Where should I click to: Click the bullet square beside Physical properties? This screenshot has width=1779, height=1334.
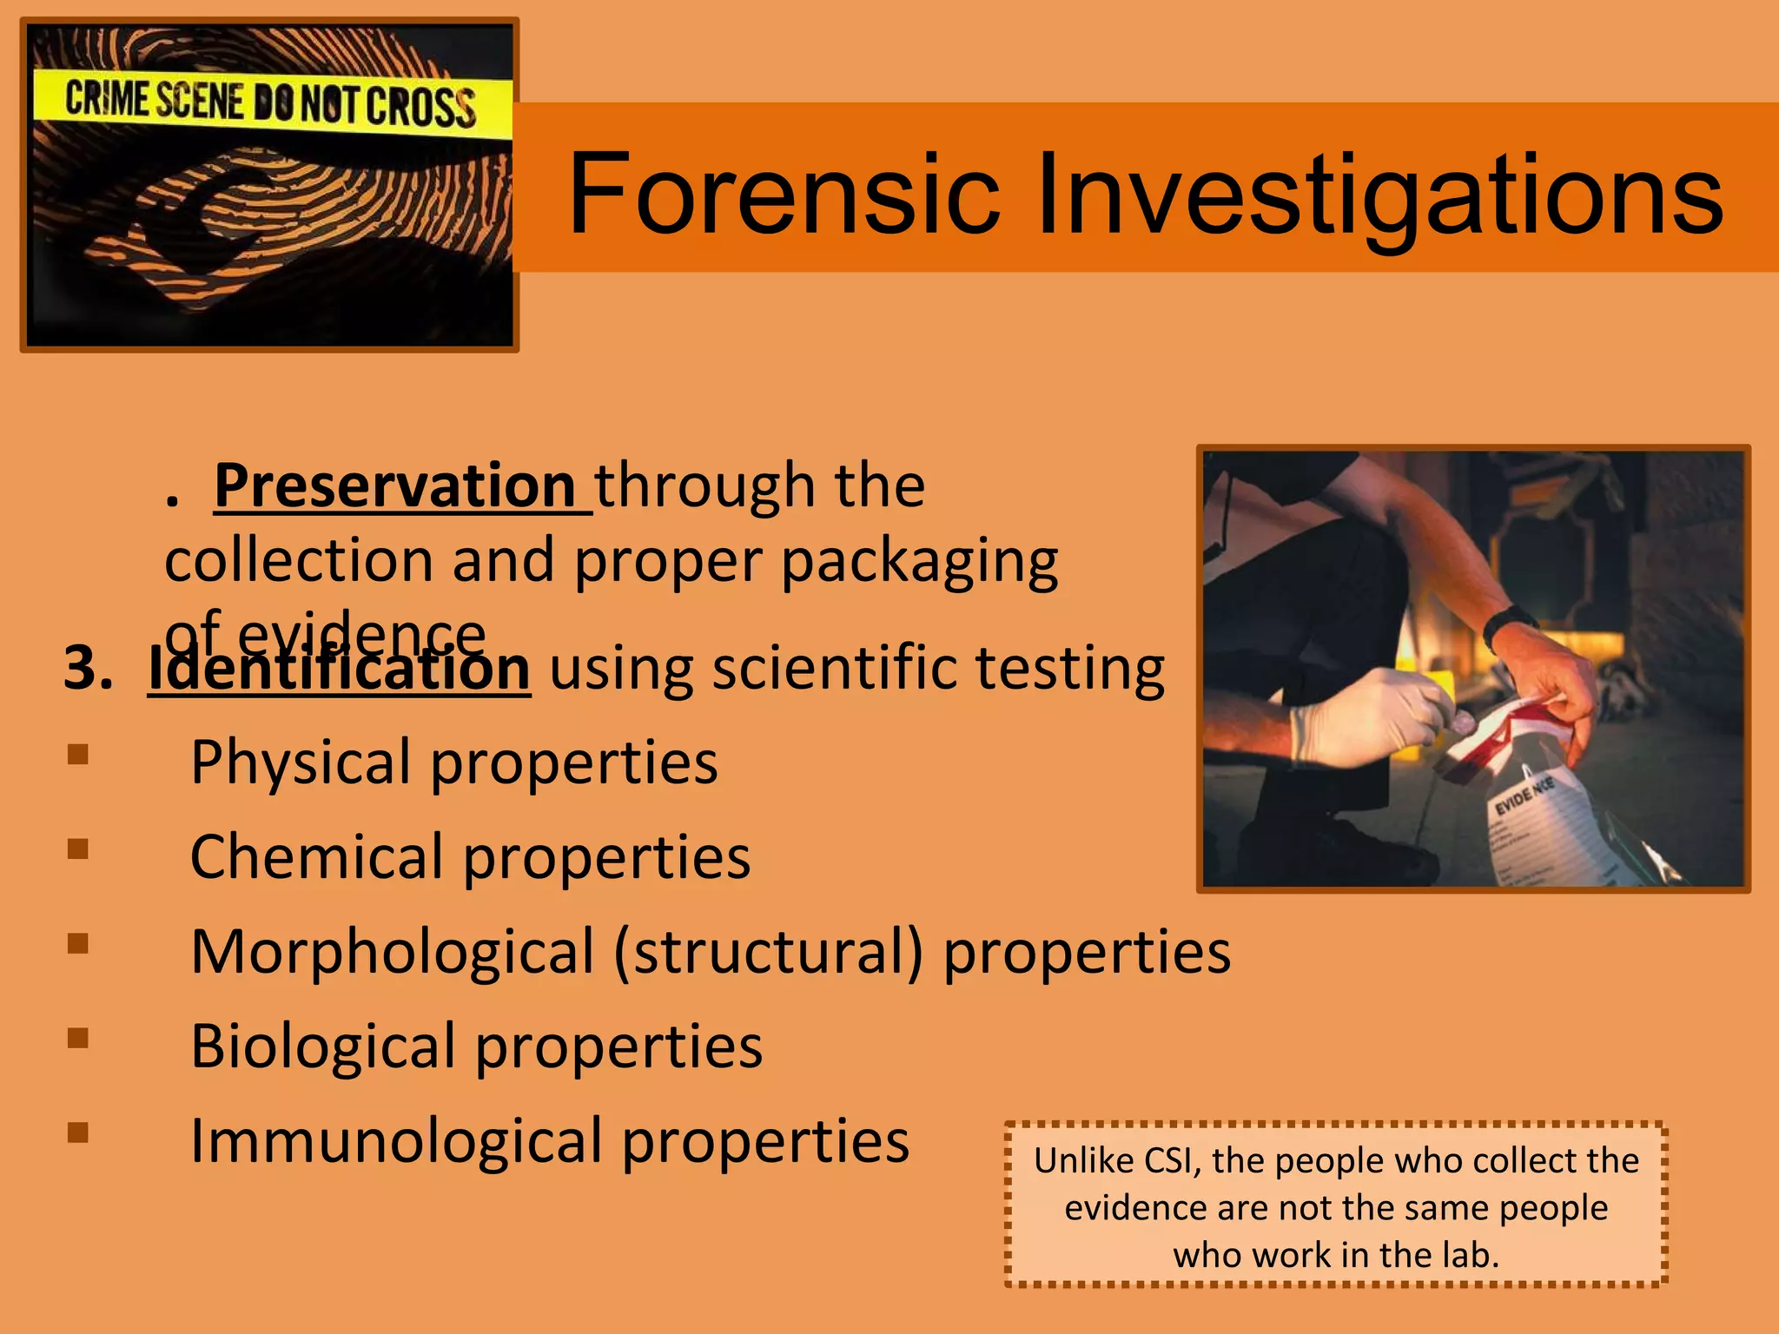coord(78,754)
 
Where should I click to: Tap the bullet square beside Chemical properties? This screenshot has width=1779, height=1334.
coord(78,849)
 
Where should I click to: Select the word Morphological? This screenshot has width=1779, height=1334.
coord(392,952)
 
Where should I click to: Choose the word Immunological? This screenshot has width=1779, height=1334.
coord(396,1140)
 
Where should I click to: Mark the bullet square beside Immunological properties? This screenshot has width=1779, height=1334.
coord(78,1133)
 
